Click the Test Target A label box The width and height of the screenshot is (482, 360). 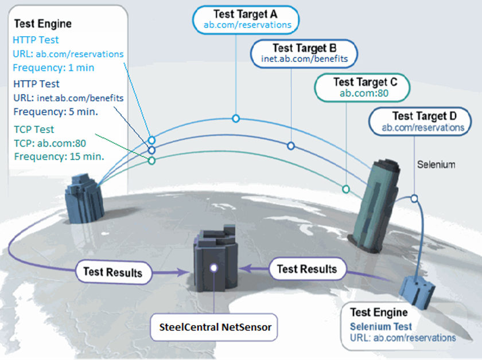(x=247, y=19)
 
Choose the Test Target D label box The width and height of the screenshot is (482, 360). (x=424, y=122)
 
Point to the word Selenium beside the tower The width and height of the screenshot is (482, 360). (x=436, y=165)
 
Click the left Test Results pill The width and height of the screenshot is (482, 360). (x=113, y=271)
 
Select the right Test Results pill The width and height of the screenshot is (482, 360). (x=306, y=268)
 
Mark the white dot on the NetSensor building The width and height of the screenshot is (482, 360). (x=213, y=268)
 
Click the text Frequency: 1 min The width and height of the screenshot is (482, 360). (x=54, y=68)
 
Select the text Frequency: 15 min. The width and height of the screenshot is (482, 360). (x=59, y=156)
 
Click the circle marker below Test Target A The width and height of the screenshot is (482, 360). (x=235, y=118)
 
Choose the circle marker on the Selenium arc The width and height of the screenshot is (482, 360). (x=413, y=199)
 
